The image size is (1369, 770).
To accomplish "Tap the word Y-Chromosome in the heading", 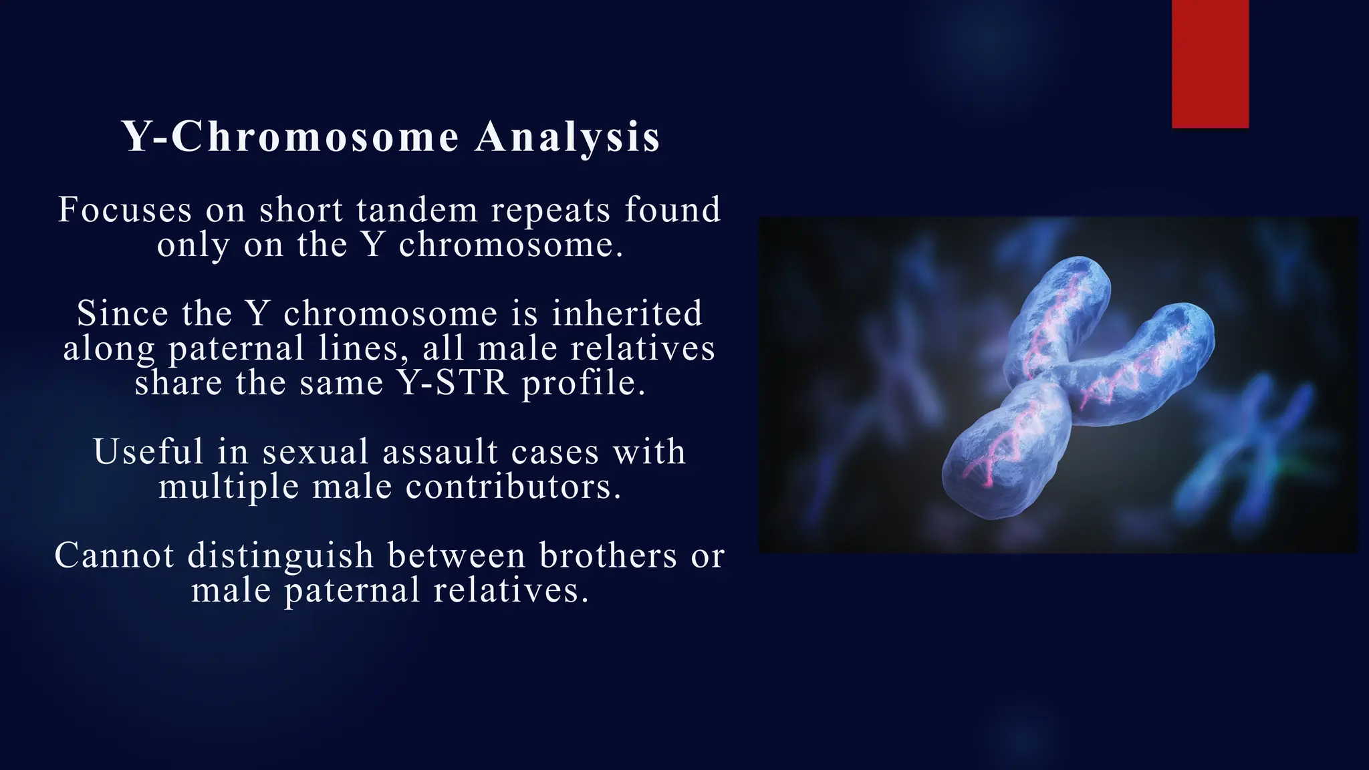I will click(x=291, y=137).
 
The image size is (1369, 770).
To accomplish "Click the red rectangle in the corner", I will click(x=1210, y=63).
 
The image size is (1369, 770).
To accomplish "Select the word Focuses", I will click(x=125, y=210).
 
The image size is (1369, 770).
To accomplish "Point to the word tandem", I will click(x=417, y=210).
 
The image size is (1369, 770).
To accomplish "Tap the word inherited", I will click(x=627, y=313).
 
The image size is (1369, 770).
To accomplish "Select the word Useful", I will click(x=148, y=452).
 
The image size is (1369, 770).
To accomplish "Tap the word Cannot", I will click(x=114, y=555).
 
